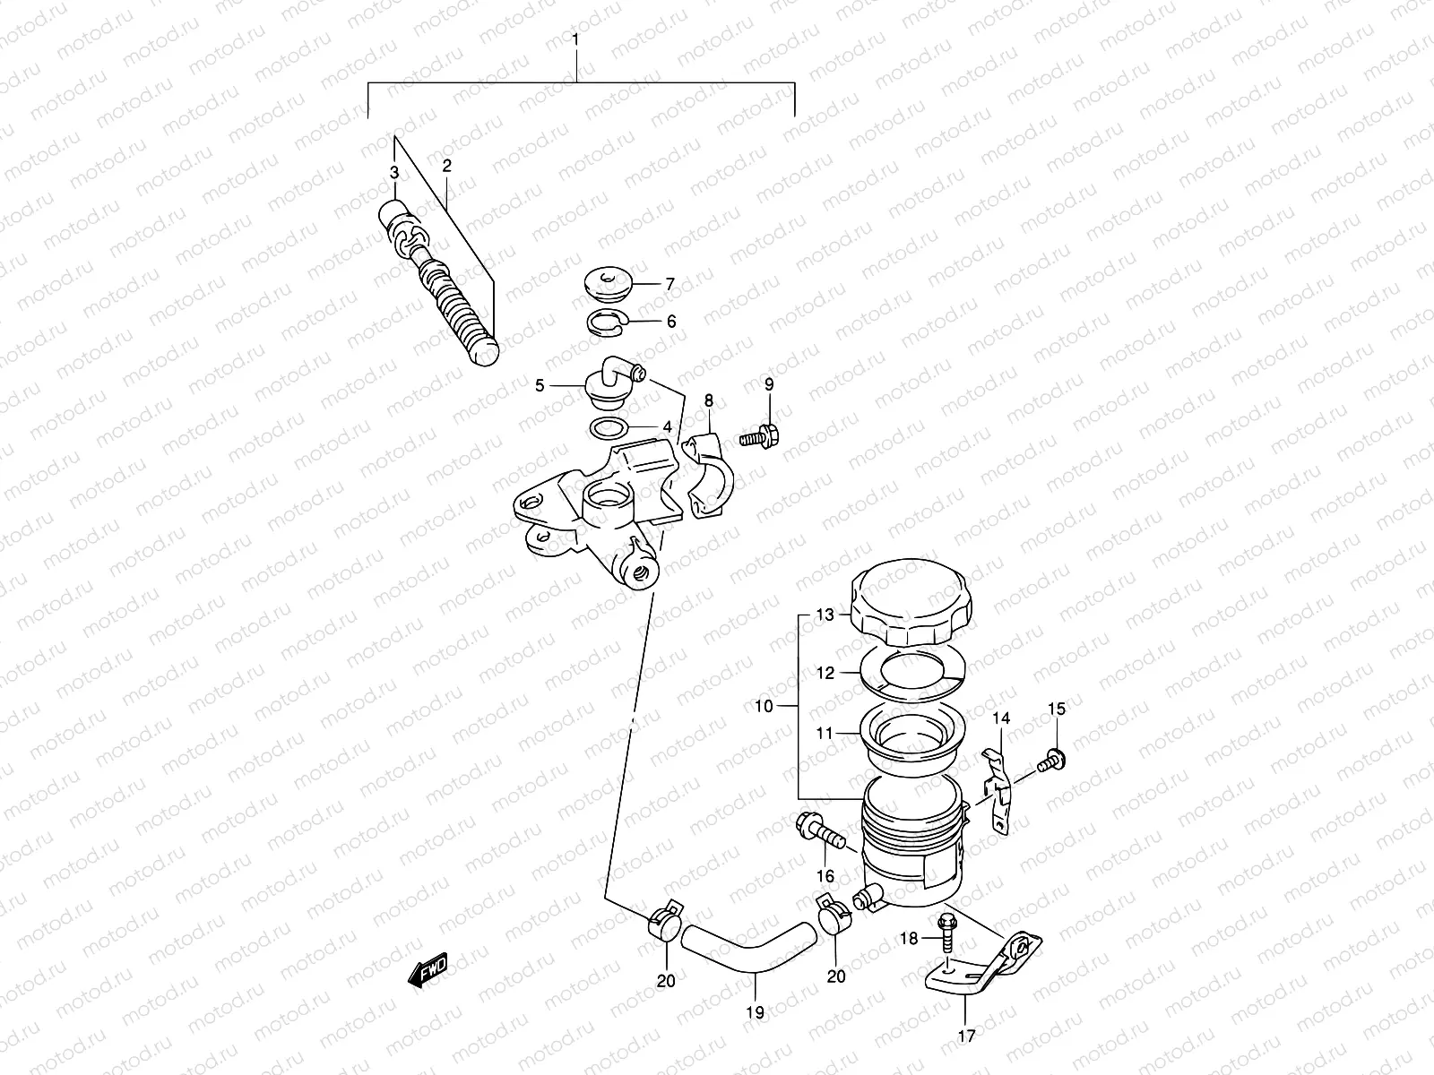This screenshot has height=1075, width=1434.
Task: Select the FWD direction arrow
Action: [428, 970]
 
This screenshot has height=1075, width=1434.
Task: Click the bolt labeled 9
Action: [759, 437]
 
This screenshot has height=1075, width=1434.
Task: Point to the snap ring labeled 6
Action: [609, 322]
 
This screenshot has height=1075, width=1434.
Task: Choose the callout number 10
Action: [763, 706]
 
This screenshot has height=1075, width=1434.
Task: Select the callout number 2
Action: [446, 166]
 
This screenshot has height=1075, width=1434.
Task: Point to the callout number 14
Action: [1000, 718]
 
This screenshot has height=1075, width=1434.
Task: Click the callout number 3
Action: [393, 172]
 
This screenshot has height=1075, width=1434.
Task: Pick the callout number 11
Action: [824, 733]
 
